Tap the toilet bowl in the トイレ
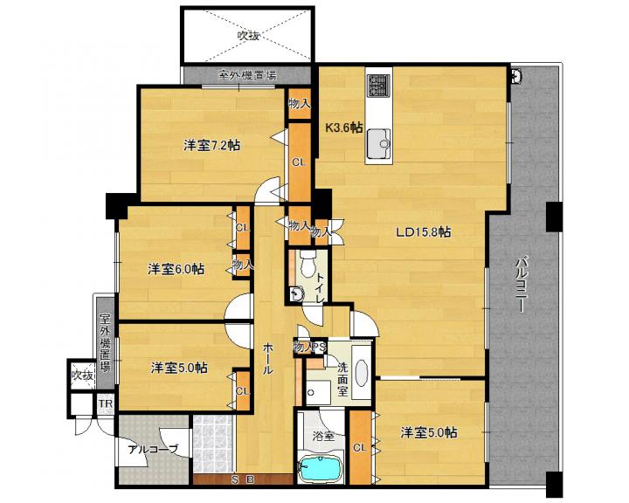pyautogui.click(x=308, y=265)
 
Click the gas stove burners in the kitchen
pyautogui.click(x=378, y=86)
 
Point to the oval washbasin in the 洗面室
pyautogui.click(x=362, y=373)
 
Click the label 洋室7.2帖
pyautogui.click(x=211, y=145)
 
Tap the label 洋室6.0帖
pyautogui.click(x=176, y=269)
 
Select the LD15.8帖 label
pyautogui.click(x=423, y=231)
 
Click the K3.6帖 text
pyautogui.click(x=344, y=127)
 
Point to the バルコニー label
pyautogui.click(x=521, y=285)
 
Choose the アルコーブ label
pyautogui.click(x=153, y=450)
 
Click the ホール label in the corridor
pyautogui.click(x=267, y=358)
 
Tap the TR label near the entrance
pyautogui.click(x=106, y=403)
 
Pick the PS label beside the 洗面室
pyautogui.click(x=320, y=347)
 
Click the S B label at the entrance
pyautogui.click(x=242, y=479)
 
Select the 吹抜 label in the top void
pyautogui.click(x=248, y=36)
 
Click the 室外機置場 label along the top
pyautogui.click(x=247, y=75)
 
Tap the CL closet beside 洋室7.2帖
pyautogui.click(x=299, y=162)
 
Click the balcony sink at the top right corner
pyautogui.click(x=516, y=76)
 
